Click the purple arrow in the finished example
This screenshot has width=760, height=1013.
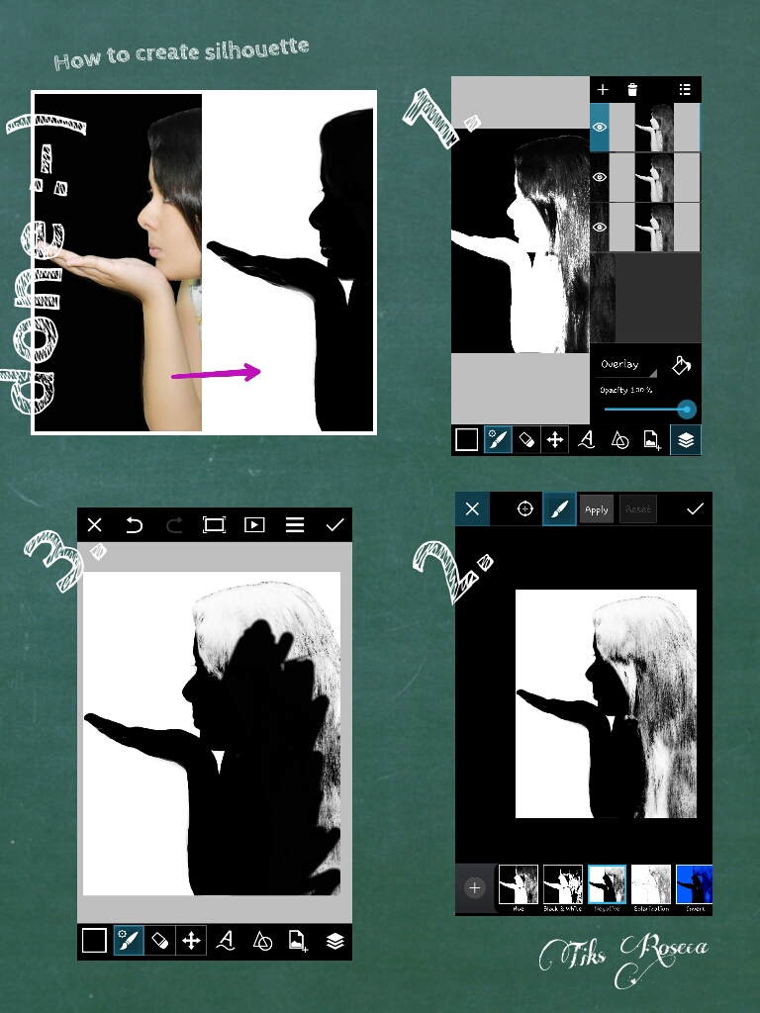(x=216, y=373)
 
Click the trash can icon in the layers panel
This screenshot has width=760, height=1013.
(x=632, y=90)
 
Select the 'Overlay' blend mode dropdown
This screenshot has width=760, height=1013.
(x=626, y=364)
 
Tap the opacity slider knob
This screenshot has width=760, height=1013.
(x=686, y=409)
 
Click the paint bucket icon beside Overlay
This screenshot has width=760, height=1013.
(x=681, y=365)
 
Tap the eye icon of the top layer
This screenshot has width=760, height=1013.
(x=599, y=128)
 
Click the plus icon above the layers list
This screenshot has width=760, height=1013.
(x=603, y=90)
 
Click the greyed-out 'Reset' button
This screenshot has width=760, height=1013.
(x=638, y=509)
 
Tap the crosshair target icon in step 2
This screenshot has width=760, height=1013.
(x=525, y=508)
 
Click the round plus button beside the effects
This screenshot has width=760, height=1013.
(x=474, y=887)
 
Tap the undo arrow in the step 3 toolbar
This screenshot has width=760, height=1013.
(x=135, y=525)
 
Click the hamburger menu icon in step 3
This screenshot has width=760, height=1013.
(x=295, y=525)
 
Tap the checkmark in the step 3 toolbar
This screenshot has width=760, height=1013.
(x=334, y=525)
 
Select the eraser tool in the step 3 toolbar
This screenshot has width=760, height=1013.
(x=158, y=941)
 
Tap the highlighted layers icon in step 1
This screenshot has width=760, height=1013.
(x=686, y=439)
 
